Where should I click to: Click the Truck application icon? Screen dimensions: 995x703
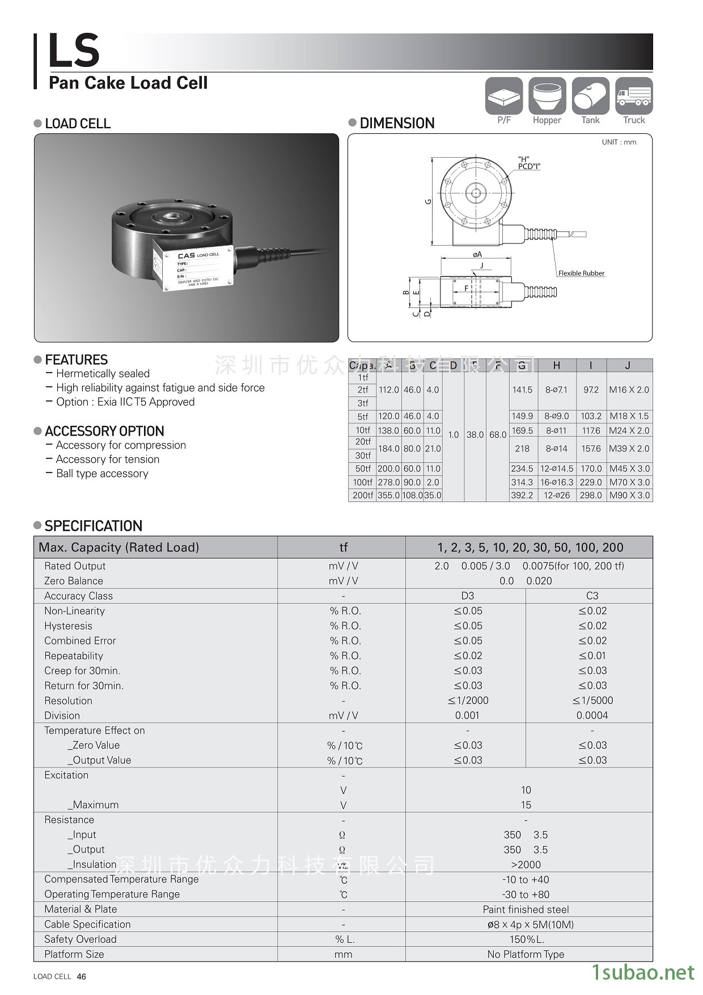[x=634, y=96]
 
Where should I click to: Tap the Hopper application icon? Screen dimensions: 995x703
[x=547, y=96]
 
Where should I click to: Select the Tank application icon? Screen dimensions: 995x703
[x=590, y=96]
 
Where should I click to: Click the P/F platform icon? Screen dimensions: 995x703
[x=504, y=96]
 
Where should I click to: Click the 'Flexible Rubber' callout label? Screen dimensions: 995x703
[x=581, y=273]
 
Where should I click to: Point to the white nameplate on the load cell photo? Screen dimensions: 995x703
[x=198, y=268]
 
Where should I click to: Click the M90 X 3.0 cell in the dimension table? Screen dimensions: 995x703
[x=629, y=495]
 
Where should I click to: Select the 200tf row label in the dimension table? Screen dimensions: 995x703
[x=363, y=495]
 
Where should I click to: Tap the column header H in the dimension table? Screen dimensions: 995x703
[x=556, y=365]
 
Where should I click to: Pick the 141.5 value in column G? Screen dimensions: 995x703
[x=522, y=390]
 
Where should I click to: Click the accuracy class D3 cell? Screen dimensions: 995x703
[x=467, y=596]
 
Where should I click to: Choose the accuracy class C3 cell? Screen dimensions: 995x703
[x=592, y=596]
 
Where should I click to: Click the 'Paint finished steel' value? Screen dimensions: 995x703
[x=526, y=909]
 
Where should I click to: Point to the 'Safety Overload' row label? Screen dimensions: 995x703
[x=81, y=939]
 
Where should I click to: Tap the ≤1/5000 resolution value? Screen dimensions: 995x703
[x=592, y=701]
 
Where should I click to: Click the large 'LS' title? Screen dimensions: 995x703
[x=74, y=50]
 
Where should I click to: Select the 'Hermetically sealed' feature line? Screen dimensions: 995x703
[x=103, y=373]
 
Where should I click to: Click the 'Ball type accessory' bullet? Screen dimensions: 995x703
[x=102, y=473]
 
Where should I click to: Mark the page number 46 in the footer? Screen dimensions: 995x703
[x=81, y=976]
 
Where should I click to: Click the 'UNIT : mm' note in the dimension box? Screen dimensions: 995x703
[x=619, y=142]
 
